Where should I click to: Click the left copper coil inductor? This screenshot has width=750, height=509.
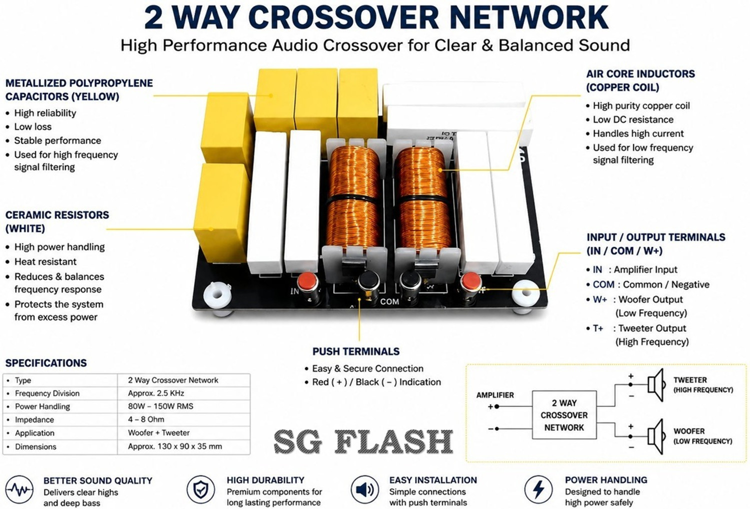[354, 197]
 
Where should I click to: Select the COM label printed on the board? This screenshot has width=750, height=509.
[389, 301]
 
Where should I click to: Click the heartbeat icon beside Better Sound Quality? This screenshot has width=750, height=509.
[19, 489]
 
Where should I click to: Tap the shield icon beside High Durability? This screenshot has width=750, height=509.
[200, 489]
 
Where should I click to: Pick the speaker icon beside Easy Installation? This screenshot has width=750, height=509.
[364, 489]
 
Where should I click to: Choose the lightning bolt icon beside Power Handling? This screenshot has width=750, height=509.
[538, 489]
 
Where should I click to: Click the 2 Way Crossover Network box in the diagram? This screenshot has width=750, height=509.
[564, 414]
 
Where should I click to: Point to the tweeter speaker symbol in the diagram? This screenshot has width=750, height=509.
[655, 385]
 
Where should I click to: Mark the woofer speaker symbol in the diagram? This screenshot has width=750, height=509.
[655, 436]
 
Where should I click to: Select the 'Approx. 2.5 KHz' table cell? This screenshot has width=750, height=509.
[156, 393]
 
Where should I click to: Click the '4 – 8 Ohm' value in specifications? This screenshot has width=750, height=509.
[146, 419]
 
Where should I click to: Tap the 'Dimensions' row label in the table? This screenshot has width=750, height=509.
[35, 446]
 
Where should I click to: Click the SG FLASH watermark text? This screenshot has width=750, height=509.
[363, 441]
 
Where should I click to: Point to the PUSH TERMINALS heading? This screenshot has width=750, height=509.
[356, 351]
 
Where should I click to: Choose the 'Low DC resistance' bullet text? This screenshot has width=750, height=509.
[633, 119]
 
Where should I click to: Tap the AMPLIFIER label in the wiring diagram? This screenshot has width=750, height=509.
[495, 395]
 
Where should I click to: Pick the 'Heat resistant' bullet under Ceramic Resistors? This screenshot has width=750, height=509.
[45, 261]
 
